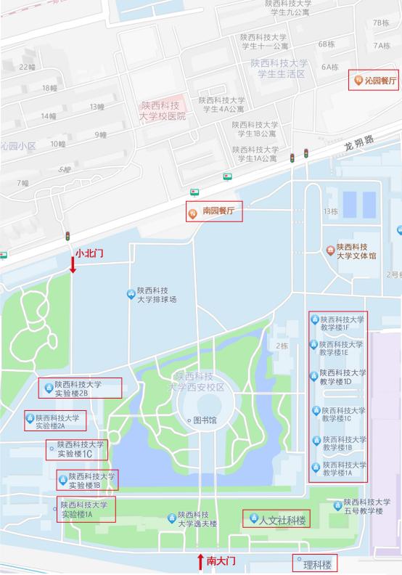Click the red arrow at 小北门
73,264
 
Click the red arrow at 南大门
201,560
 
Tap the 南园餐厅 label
218,211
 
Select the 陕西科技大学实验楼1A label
88,509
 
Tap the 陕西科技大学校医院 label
163,110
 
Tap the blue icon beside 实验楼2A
30,418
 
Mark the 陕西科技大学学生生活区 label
279,68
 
